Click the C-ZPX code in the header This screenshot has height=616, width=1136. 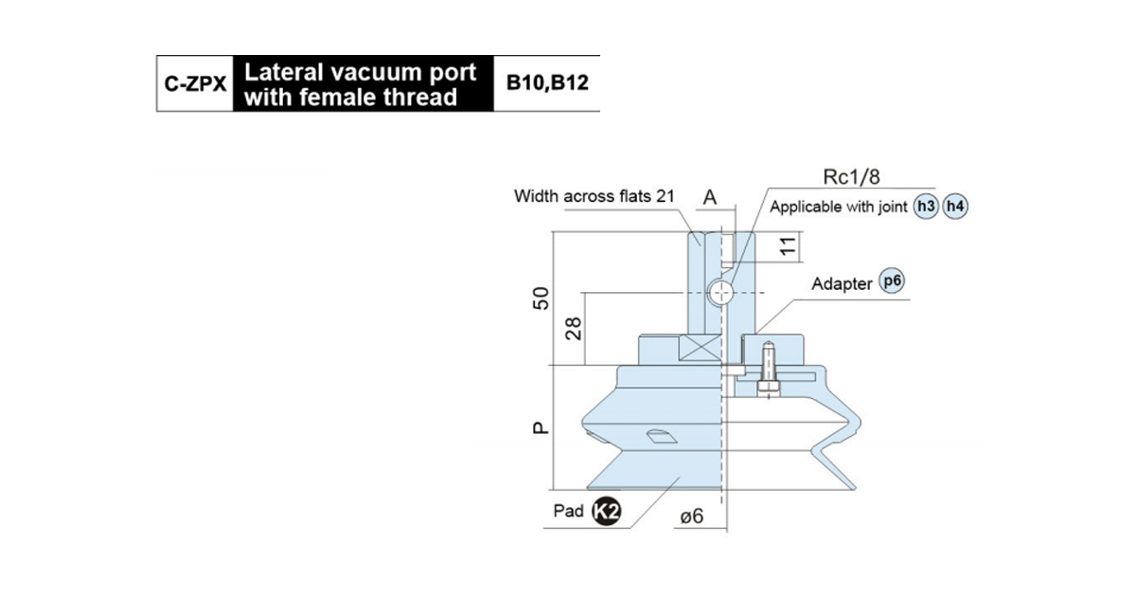195,83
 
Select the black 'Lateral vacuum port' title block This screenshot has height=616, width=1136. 364,83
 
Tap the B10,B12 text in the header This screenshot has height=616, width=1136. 547,82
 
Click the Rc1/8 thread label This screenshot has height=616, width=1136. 851,176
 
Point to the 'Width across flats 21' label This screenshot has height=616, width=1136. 595,196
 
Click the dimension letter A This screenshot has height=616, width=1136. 710,197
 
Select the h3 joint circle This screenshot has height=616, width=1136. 926,207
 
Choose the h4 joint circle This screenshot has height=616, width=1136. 955,207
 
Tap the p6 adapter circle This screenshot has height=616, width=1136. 892,281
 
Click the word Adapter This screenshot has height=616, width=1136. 842,284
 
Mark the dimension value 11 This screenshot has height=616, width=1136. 788,246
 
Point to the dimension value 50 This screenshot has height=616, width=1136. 541,299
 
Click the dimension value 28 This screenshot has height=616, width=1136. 573,329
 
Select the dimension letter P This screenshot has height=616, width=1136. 541,428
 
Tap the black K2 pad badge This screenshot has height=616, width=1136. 607,511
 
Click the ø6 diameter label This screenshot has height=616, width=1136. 692,517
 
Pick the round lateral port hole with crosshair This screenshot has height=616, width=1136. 720,293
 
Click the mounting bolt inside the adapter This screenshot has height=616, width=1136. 769,370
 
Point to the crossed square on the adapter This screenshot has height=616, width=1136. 700,349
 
